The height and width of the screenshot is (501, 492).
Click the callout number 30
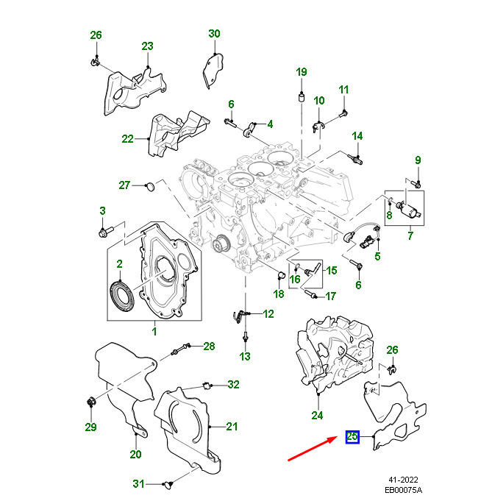(x=214, y=34)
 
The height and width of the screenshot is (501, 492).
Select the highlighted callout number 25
(x=353, y=438)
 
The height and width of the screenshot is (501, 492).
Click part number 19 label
(x=301, y=71)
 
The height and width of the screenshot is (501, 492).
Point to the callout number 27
(x=124, y=185)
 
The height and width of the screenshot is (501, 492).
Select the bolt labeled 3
(x=102, y=233)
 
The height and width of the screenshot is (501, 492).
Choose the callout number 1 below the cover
(x=154, y=332)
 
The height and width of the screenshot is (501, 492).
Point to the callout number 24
(x=318, y=414)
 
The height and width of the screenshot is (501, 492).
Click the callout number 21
(x=232, y=426)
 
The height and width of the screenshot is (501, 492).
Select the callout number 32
(x=233, y=384)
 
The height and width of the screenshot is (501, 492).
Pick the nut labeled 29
(x=91, y=402)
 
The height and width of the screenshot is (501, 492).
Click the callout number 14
(x=357, y=136)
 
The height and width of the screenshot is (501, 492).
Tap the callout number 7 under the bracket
(x=410, y=235)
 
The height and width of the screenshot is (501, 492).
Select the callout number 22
(x=128, y=138)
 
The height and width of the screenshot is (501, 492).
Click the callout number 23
(x=147, y=46)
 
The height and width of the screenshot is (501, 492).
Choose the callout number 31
(x=138, y=483)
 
